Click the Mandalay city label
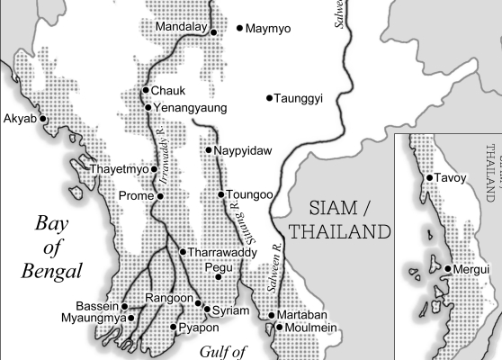(x=181, y=28)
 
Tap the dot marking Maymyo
(x=240, y=29)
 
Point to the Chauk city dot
(x=146, y=91)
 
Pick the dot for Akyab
(x=42, y=118)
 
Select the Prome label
(x=139, y=196)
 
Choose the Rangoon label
(x=170, y=299)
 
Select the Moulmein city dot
(x=280, y=328)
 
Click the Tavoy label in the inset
(x=452, y=178)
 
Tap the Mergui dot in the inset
(x=447, y=269)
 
